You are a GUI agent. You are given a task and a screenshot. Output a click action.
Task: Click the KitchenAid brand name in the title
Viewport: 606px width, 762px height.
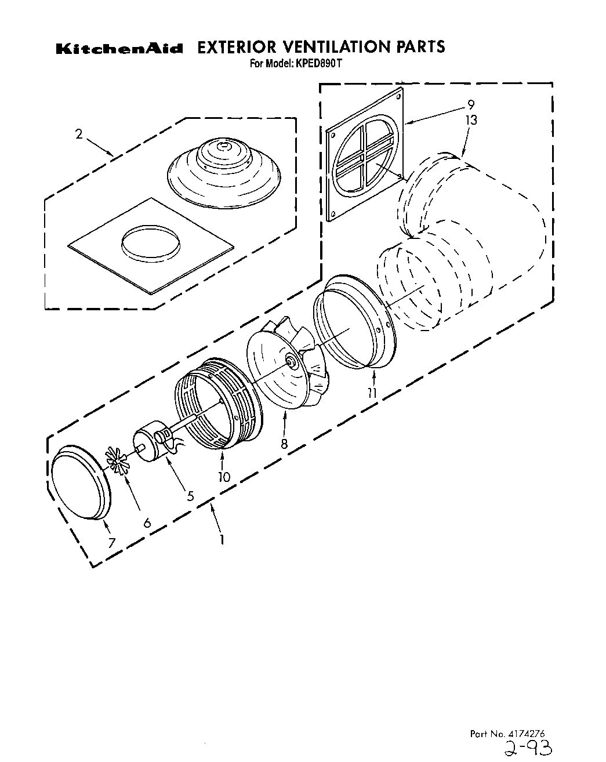pos(119,49)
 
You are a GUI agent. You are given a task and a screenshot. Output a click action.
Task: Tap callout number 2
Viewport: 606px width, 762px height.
pos(78,135)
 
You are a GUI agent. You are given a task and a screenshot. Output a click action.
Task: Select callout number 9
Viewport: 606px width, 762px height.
pos(471,105)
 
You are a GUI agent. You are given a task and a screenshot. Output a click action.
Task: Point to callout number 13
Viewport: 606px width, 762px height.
pos(471,120)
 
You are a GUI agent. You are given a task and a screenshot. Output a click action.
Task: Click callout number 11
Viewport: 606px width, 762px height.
pos(372,393)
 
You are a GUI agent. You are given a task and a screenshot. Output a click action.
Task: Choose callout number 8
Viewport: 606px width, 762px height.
pos(284,444)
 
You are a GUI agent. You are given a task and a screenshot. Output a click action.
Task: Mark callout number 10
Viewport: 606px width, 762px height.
pos(224,477)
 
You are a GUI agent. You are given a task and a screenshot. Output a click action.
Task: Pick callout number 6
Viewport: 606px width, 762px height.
pos(147,522)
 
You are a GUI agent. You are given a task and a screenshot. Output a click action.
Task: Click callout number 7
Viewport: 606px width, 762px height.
pos(111,542)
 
